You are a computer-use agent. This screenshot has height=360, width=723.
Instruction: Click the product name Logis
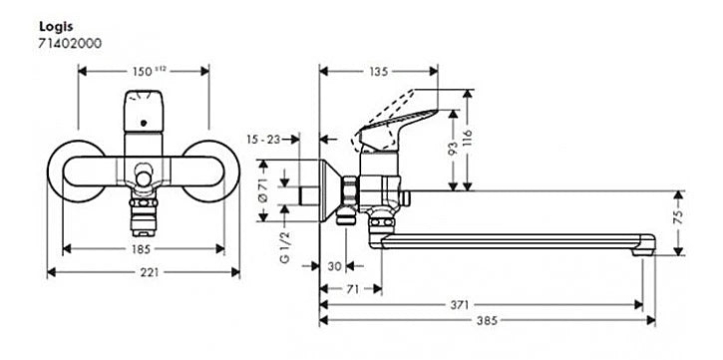pyautogui.click(x=56, y=27)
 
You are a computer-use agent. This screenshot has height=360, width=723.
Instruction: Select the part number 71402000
pyautogui.click(x=70, y=43)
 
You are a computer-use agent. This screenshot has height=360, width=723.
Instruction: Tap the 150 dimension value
pyautogui.click(x=142, y=72)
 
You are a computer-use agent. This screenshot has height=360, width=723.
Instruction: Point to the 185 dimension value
pyautogui.click(x=141, y=249)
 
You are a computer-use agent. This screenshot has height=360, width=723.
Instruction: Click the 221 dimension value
pyautogui.click(x=149, y=272)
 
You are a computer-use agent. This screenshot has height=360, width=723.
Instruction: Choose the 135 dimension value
pyautogui.click(x=379, y=72)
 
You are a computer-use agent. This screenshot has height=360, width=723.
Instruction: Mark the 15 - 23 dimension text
pyautogui.click(x=263, y=140)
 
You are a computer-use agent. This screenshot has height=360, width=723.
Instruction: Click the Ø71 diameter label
pyautogui.click(x=263, y=190)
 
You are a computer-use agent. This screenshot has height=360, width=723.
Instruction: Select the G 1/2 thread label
pyautogui.click(x=285, y=247)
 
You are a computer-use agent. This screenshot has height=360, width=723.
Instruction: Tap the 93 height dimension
pyautogui.click(x=453, y=149)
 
